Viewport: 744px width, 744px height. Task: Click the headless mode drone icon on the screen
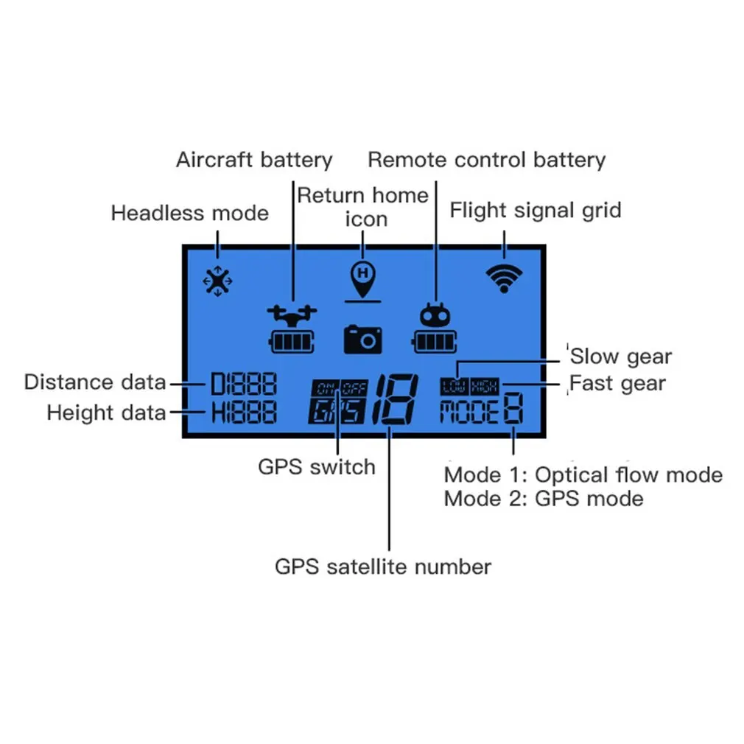217,281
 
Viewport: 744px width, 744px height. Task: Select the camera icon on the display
362,338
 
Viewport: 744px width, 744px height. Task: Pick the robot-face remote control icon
435,316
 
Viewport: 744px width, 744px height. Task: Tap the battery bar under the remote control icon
435,342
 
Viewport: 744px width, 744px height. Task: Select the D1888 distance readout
244,384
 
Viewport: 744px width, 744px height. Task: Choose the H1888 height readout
244,413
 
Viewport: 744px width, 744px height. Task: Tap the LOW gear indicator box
455,385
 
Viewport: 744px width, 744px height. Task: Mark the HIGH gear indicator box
485,385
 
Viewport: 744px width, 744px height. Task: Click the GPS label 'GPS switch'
316,466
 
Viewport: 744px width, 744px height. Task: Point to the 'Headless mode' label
189,214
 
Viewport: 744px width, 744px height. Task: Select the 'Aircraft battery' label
254,160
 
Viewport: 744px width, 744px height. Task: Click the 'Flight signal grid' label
536,211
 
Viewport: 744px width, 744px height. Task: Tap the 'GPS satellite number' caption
382,566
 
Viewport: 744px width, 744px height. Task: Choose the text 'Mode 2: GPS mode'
544,499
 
